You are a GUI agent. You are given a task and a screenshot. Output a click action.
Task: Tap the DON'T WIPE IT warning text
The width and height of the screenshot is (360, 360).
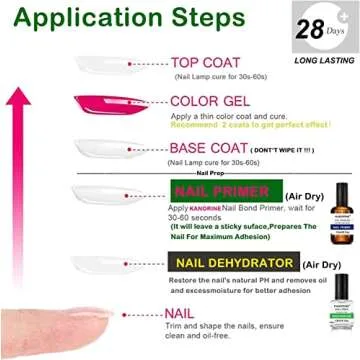(284, 150)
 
